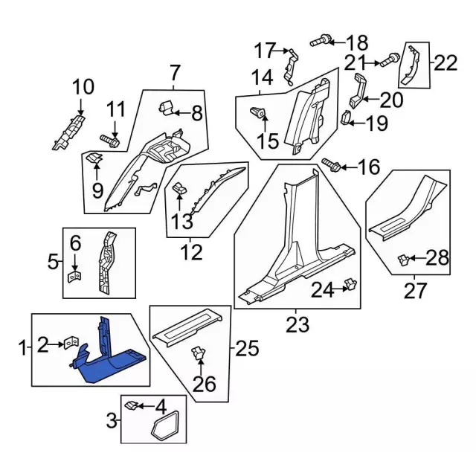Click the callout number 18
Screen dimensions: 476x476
[x=356, y=42]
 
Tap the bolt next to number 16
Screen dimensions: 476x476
[x=330, y=165]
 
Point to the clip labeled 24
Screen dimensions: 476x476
[x=351, y=285]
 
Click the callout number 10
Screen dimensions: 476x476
[x=83, y=88]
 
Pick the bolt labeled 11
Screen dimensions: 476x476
[x=109, y=139]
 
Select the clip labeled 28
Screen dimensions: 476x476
[x=403, y=259]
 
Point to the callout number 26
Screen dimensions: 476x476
[x=205, y=384]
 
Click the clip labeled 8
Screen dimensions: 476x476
[x=167, y=109]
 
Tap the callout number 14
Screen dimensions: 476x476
[x=261, y=77]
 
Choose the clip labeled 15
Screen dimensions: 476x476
[x=257, y=114]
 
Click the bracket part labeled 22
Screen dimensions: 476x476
[x=410, y=65]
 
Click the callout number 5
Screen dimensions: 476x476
[x=53, y=261]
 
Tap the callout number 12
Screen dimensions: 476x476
[x=191, y=253]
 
